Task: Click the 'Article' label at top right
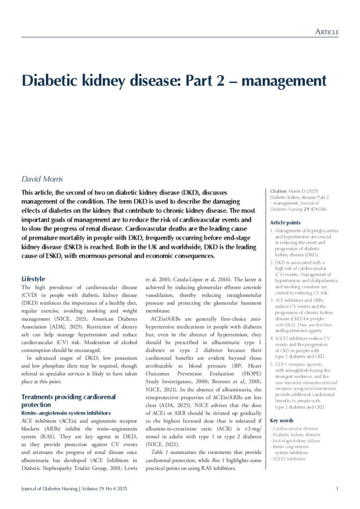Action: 327,32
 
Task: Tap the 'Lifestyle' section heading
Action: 33,279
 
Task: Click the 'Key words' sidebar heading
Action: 281,420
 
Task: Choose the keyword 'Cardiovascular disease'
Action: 295,428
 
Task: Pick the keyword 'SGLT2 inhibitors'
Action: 288,458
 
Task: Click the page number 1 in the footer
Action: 337,489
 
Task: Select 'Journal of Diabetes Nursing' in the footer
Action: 49,489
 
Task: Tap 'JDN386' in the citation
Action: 326,209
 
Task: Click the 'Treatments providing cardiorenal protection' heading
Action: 69,401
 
